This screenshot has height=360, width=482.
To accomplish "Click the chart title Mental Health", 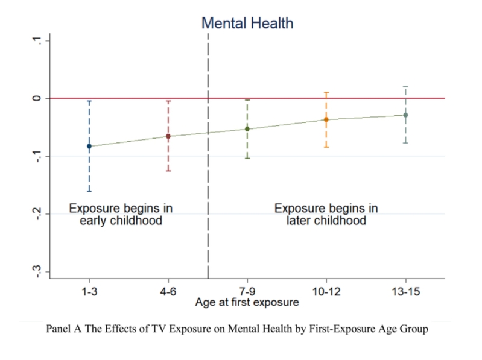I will pyautogui.click(x=247, y=24).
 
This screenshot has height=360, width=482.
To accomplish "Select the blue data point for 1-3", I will pyautogui.click(x=89, y=146).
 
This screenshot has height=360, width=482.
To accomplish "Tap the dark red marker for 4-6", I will pyautogui.click(x=168, y=136).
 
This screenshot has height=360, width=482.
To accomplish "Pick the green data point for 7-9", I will pyautogui.click(x=247, y=128).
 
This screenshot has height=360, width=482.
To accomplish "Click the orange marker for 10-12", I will pyautogui.click(x=326, y=119).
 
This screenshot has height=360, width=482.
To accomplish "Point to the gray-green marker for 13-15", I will pyautogui.click(x=405, y=115).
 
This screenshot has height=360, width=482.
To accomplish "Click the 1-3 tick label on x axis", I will pyautogui.click(x=89, y=291).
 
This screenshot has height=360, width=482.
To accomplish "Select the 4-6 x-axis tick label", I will pyautogui.click(x=168, y=291).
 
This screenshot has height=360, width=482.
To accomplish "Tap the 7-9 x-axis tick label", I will pyautogui.click(x=247, y=291).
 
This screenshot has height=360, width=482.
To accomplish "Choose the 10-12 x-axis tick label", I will pyautogui.click(x=326, y=291).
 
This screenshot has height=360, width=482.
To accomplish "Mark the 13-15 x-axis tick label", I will pyautogui.click(x=405, y=291).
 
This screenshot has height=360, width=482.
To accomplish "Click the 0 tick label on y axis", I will pyautogui.click(x=38, y=98).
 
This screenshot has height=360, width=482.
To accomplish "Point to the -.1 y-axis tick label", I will pyautogui.click(x=38, y=156).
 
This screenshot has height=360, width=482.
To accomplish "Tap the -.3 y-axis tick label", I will pyautogui.click(x=38, y=271).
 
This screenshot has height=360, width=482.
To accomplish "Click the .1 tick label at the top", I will pyautogui.click(x=38, y=40).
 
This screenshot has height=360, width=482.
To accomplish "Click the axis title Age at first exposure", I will pyautogui.click(x=247, y=303).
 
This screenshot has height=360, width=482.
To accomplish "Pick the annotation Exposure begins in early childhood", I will pyautogui.click(x=121, y=215).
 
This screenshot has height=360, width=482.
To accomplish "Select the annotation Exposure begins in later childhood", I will pyautogui.click(x=326, y=215).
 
